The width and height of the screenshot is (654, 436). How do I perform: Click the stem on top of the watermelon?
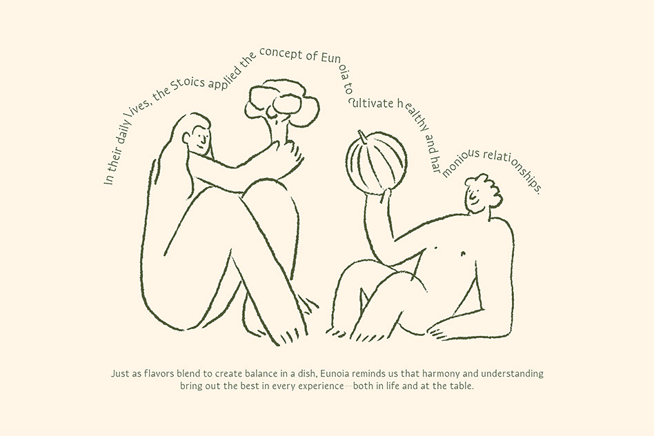click(362, 137)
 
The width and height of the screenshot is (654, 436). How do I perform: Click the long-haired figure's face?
click(199, 140)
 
